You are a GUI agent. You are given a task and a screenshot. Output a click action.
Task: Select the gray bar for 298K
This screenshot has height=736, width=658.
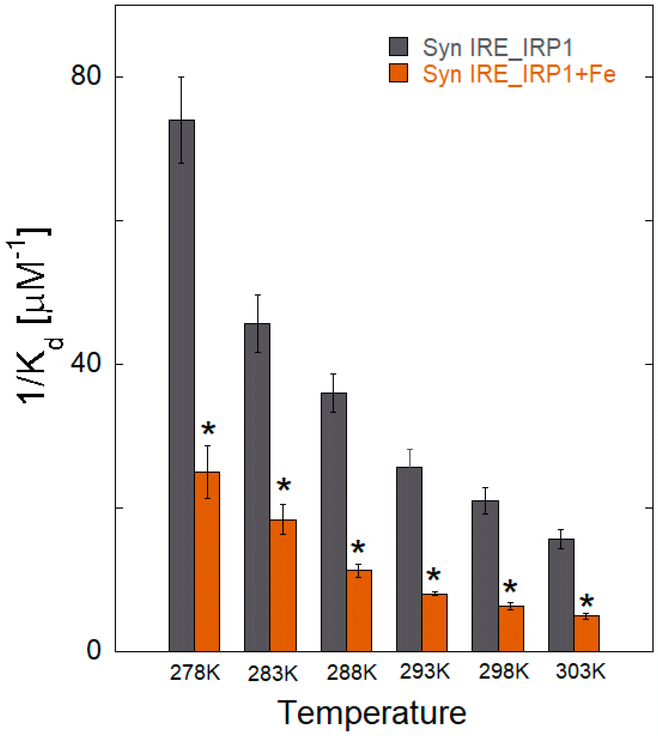485,575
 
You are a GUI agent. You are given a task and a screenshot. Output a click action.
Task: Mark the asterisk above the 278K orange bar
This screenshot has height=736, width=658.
208,429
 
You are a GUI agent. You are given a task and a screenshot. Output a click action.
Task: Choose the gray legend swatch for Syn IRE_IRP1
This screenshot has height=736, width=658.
398,47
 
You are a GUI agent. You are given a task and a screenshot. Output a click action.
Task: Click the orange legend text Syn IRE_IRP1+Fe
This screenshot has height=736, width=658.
519,74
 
